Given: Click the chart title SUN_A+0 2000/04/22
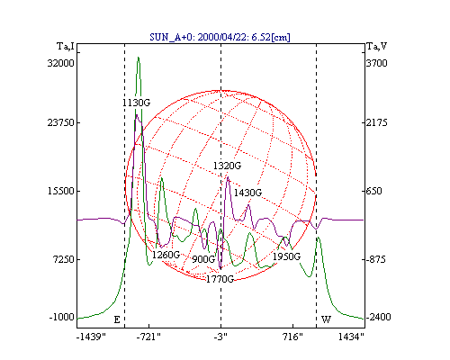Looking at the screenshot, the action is pos(220,37).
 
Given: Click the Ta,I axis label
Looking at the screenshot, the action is pos(66,46).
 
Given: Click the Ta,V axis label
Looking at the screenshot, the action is pos(377,46).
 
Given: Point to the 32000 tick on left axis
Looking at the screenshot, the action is pos(60,63).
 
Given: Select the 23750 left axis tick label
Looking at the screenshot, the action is pos(60,122).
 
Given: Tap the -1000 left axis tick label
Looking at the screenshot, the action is pos(61,317).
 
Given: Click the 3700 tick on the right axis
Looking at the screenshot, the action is pos(377,63).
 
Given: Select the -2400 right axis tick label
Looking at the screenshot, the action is pos(378,317).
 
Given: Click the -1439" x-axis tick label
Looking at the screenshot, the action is pos(91,337).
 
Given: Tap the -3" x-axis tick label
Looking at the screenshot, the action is pos(220,337).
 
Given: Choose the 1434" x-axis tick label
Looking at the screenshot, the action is pos(351,337).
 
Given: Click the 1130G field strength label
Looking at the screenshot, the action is pos(136,103).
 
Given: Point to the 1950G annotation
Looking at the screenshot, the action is pos(286,256).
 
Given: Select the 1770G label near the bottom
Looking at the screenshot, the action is pos(220,280).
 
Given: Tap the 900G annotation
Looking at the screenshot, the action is pos(203,259).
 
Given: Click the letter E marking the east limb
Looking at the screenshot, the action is pos(117,319).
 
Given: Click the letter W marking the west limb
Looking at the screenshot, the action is pos(326,319).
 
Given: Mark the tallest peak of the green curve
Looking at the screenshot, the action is pos(139,57).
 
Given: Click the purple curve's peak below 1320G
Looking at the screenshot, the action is pos(228,177).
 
